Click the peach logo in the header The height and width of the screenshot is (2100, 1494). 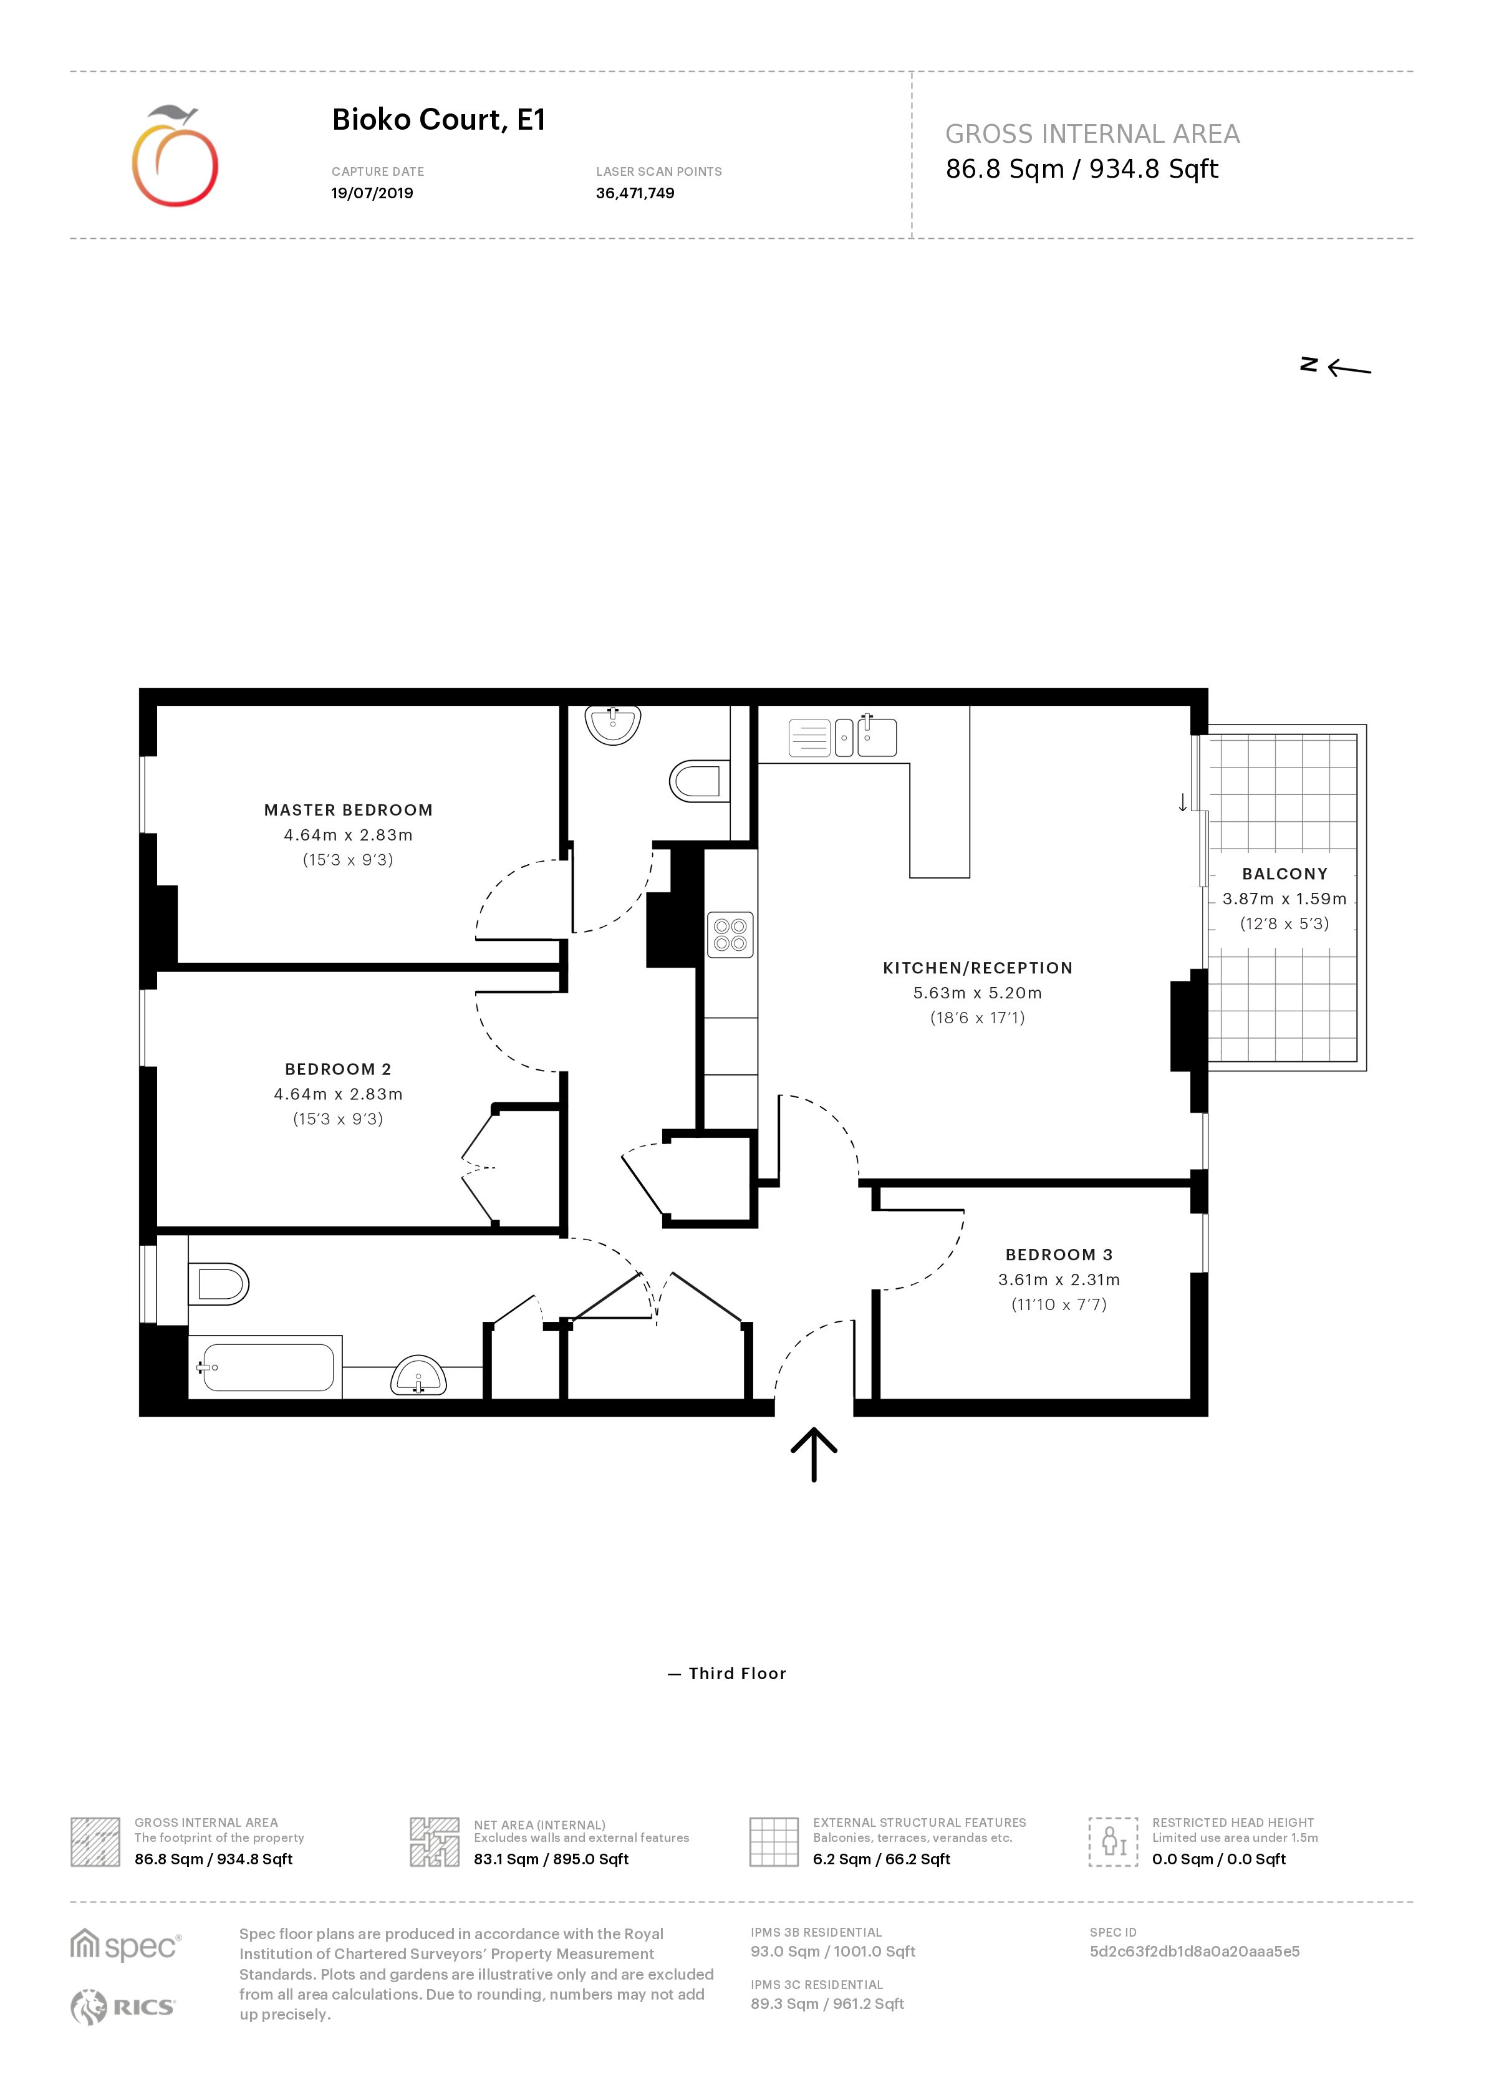point(175,157)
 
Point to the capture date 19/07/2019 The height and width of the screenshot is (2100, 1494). point(372,193)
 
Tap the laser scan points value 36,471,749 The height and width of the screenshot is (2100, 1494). point(635,193)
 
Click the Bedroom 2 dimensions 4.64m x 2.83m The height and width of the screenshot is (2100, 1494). point(337,1094)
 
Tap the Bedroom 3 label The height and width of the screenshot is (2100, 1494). point(1058,1255)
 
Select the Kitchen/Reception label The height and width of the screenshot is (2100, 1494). point(977,968)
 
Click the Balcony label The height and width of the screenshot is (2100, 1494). point(1284,874)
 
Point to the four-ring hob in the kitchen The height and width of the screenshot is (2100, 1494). point(730,935)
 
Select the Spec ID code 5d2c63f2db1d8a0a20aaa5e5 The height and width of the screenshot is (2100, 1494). point(1194,1951)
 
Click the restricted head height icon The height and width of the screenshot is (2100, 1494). point(1112,1841)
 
